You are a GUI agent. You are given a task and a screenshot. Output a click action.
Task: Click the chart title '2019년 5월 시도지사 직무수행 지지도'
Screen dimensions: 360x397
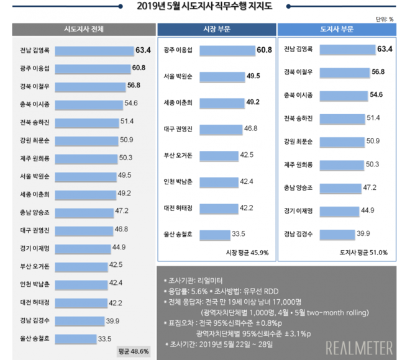pos(198,7)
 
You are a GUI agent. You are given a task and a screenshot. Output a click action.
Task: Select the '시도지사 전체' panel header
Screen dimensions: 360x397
pos(84,30)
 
